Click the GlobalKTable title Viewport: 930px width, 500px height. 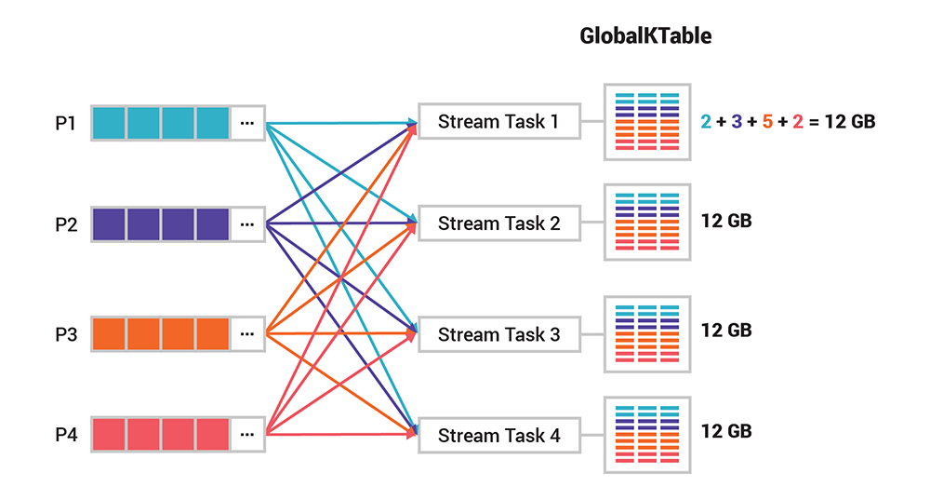pyautogui.click(x=645, y=36)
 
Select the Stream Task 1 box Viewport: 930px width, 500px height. pyautogui.click(x=499, y=121)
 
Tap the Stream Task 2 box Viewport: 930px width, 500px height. pyautogui.click(x=499, y=223)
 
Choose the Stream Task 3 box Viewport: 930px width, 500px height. pyautogui.click(x=499, y=334)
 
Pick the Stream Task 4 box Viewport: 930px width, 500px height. pyautogui.click(x=499, y=435)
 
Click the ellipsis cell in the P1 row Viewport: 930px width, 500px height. pyautogui.click(x=246, y=122)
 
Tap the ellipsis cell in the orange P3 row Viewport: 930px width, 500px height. pyautogui.click(x=246, y=333)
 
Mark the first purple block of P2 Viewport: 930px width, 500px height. pyautogui.click(x=109, y=223)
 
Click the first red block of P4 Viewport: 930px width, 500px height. pyautogui.click(x=109, y=434)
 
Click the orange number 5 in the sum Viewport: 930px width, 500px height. pyautogui.click(x=766, y=121)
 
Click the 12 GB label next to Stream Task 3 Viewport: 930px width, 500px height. pyautogui.click(x=726, y=331)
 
